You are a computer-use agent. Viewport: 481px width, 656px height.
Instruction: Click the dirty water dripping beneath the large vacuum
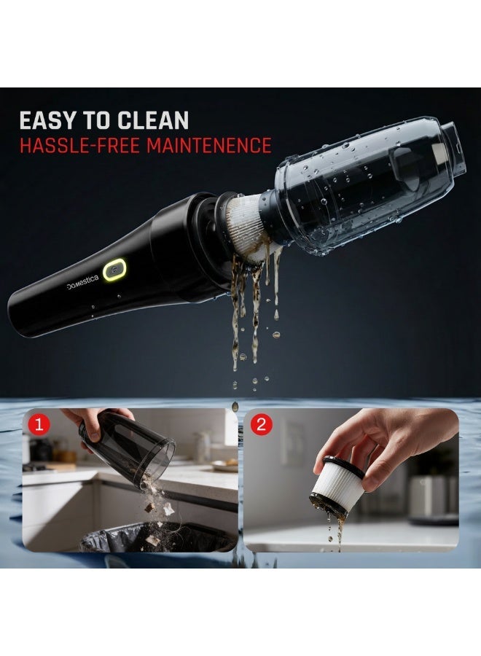pyautogui.click(x=251, y=306)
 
